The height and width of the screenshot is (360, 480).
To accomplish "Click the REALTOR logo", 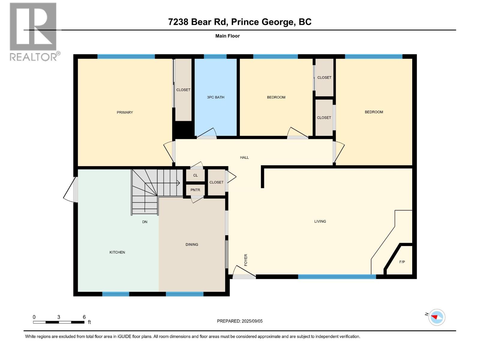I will (x=33, y=31).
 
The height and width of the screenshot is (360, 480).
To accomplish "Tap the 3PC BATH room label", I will (x=215, y=97).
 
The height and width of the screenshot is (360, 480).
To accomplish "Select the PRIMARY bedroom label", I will (x=125, y=112).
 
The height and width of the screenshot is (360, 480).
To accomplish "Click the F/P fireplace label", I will (x=402, y=262).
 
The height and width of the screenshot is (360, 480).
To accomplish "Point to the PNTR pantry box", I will (x=195, y=190).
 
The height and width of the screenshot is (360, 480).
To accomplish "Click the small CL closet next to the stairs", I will (x=195, y=175).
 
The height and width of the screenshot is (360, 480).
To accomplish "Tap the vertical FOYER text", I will (x=246, y=260).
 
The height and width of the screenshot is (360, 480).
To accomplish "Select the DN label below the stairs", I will (x=145, y=222).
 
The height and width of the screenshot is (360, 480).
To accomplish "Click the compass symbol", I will (x=437, y=317).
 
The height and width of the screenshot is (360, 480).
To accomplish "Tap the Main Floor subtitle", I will (x=227, y=36).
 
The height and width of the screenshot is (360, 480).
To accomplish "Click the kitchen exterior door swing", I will (x=71, y=190).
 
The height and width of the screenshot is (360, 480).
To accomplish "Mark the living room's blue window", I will (x=337, y=277).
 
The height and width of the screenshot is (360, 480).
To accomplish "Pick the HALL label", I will (x=244, y=157).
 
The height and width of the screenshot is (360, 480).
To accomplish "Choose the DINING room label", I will (x=192, y=244).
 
